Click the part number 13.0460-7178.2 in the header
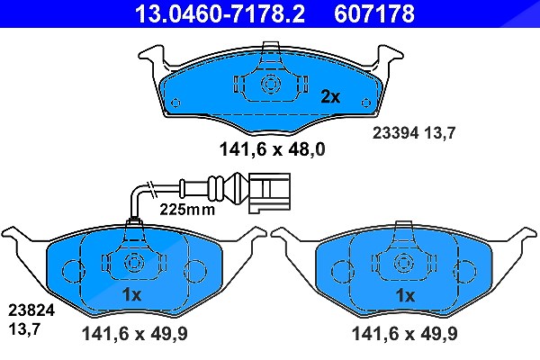(x=220, y=13)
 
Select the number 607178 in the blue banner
(x=374, y=13)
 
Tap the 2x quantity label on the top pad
(x=330, y=97)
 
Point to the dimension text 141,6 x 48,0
(x=272, y=149)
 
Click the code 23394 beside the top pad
(x=395, y=132)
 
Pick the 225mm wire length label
(x=187, y=209)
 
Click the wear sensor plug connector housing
(x=270, y=192)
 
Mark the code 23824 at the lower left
(x=31, y=310)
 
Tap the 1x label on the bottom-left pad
(x=132, y=295)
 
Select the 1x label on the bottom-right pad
(x=405, y=295)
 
